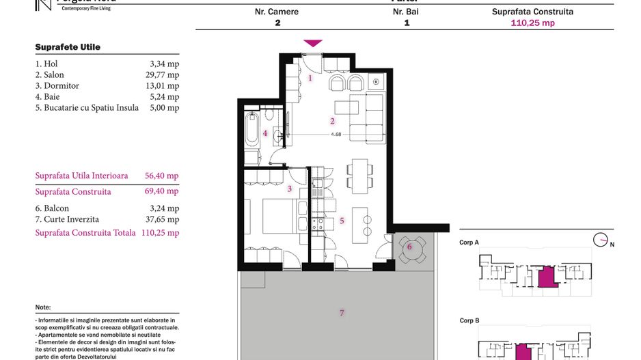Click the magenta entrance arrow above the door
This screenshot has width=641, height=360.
[x=313, y=43]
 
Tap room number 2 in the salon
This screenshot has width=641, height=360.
[x=332, y=121]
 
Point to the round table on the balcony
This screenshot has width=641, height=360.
[x=411, y=250]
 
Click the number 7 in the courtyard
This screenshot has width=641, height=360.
[x=342, y=313]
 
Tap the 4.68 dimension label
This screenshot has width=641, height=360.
[x=336, y=134]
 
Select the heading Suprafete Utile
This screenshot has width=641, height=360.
[x=68, y=47]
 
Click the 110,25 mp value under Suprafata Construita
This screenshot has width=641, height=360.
[x=533, y=23]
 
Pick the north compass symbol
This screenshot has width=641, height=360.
[x=601, y=240]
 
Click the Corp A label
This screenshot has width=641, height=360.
[x=469, y=243]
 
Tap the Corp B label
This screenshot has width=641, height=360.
[x=469, y=320]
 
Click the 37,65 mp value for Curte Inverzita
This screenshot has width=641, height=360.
[x=163, y=219]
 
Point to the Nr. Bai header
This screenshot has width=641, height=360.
[x=407, y=12]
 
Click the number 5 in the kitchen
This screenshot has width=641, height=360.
[x=342, y=221]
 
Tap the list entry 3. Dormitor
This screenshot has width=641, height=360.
[x=57, y=86]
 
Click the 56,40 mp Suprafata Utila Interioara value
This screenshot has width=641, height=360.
[x=163, y=176]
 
